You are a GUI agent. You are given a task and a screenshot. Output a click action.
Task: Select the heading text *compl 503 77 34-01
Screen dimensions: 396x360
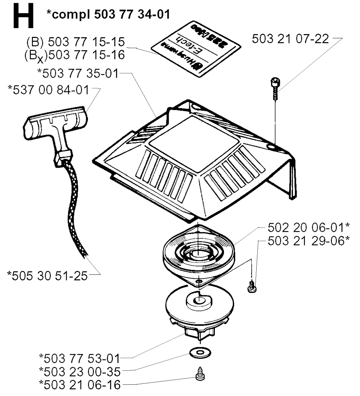109,14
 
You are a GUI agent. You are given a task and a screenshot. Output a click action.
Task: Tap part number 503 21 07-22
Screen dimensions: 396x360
291,39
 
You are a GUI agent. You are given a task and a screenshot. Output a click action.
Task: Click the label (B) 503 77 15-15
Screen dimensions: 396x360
76,42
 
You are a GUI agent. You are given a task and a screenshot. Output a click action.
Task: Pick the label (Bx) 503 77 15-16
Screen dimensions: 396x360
75,55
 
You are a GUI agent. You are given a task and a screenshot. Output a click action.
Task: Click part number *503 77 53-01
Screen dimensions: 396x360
79,359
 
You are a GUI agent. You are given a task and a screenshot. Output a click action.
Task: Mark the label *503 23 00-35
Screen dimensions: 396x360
79,371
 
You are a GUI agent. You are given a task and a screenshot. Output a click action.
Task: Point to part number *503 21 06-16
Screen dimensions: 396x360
79,384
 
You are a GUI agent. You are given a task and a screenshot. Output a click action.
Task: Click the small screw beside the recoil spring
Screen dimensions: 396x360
252,286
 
